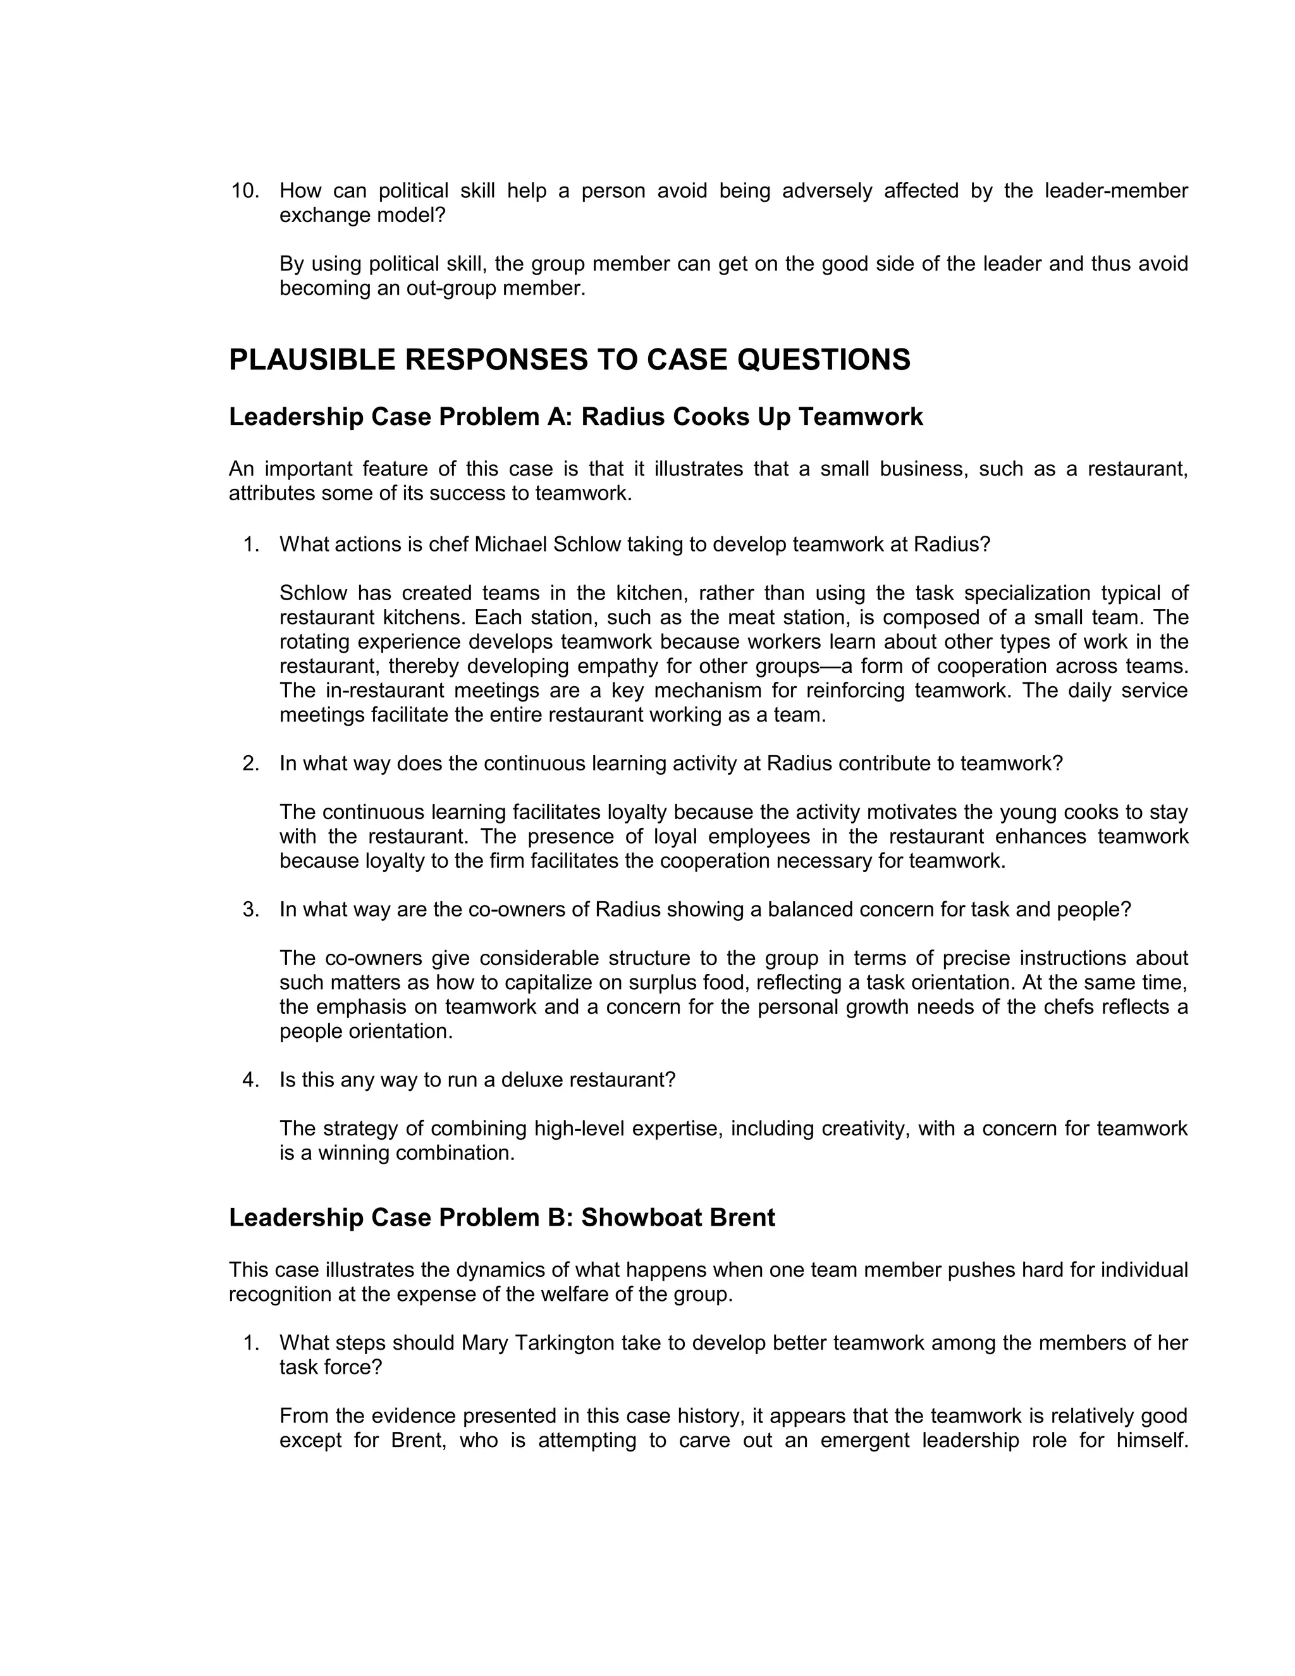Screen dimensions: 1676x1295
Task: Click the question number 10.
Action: [x=245, y=191]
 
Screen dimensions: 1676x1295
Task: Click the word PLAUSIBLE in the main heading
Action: [x=312, y=360]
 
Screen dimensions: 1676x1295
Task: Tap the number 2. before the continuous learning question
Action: [x=251, y=763]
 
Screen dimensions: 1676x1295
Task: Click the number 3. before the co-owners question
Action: [x=251, y=909]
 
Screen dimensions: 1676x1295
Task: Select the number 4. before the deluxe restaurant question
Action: [x=251, y=1080]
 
